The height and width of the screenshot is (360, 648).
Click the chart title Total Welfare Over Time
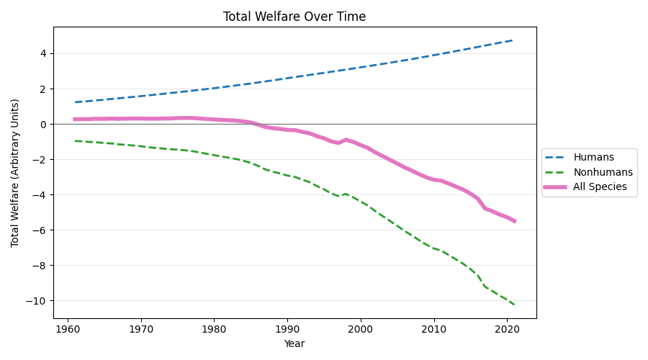point(294,17)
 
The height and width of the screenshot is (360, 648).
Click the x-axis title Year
point(294,344)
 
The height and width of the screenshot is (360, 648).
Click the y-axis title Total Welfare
point(15,173)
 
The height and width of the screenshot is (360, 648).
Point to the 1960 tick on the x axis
point(68,328)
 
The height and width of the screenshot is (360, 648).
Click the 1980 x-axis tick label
point(214,328)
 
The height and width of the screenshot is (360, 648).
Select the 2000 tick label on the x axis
point(360,328)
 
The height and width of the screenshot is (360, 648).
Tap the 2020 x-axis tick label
point(507,328)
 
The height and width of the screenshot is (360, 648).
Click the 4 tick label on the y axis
point(42,53)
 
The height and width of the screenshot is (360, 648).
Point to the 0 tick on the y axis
point(42,124)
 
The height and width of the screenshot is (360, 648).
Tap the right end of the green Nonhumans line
point(514,305)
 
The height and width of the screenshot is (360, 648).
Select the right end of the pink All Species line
point(514,221)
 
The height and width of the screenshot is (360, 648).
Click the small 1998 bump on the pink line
point(346,140)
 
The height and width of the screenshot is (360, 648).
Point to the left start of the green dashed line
point(75,140)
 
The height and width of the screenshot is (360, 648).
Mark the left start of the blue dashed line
point(75,102)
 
